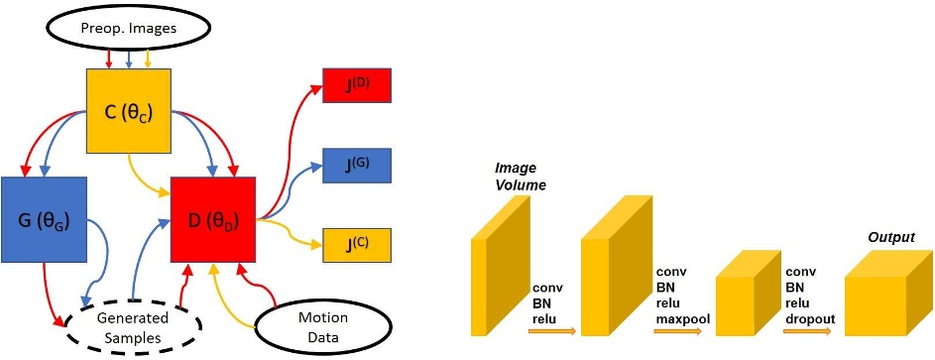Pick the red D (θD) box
pos(214,219)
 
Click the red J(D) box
pos(358,84)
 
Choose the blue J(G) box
pos(358,165)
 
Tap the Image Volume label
pos(520,178)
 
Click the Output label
pos(890,237)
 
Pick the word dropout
pos(809,317)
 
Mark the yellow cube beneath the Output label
pos(885,292)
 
